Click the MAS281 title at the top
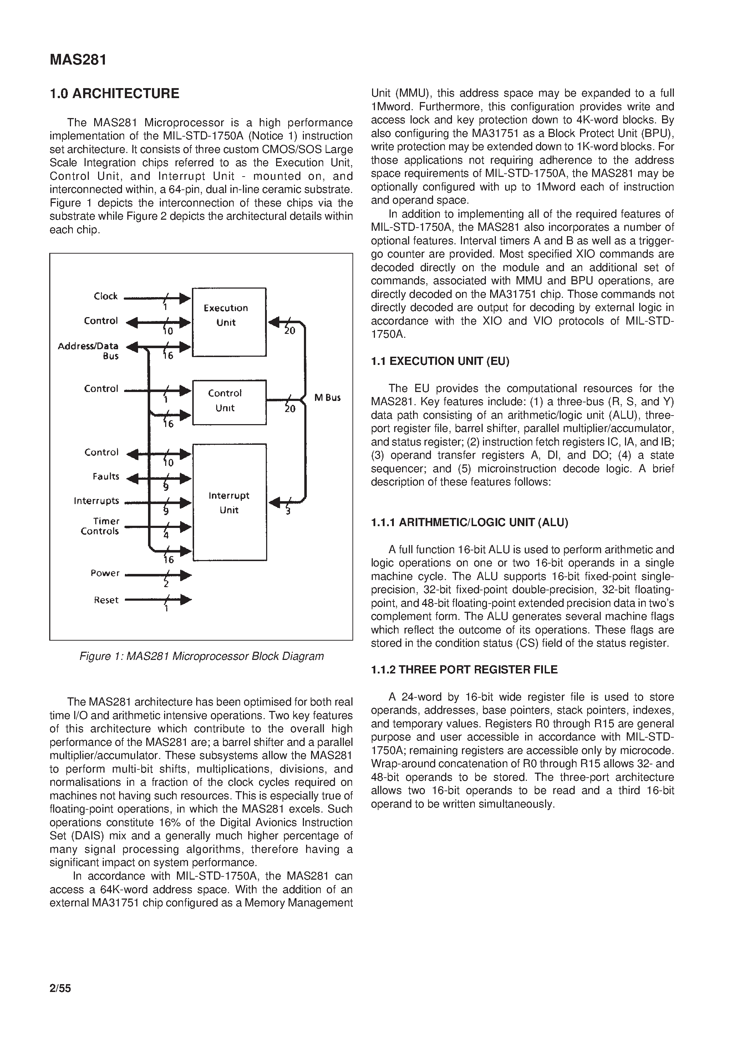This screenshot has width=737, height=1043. (x=78, y=60)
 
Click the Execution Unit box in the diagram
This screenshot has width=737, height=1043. (x=229, y=322)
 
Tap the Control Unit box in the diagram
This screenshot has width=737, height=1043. (x=229, y=402)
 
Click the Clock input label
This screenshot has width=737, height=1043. (x=106, y=296)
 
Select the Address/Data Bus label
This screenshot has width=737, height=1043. (x=88, y=351)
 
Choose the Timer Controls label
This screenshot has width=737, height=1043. (x=100, y=526)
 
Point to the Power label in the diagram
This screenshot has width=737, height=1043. (x=105, y=573)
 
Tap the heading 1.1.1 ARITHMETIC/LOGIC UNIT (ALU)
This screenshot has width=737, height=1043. (x=469, y=523)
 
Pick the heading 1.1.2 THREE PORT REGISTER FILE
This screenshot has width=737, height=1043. (x=464, y=670)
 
